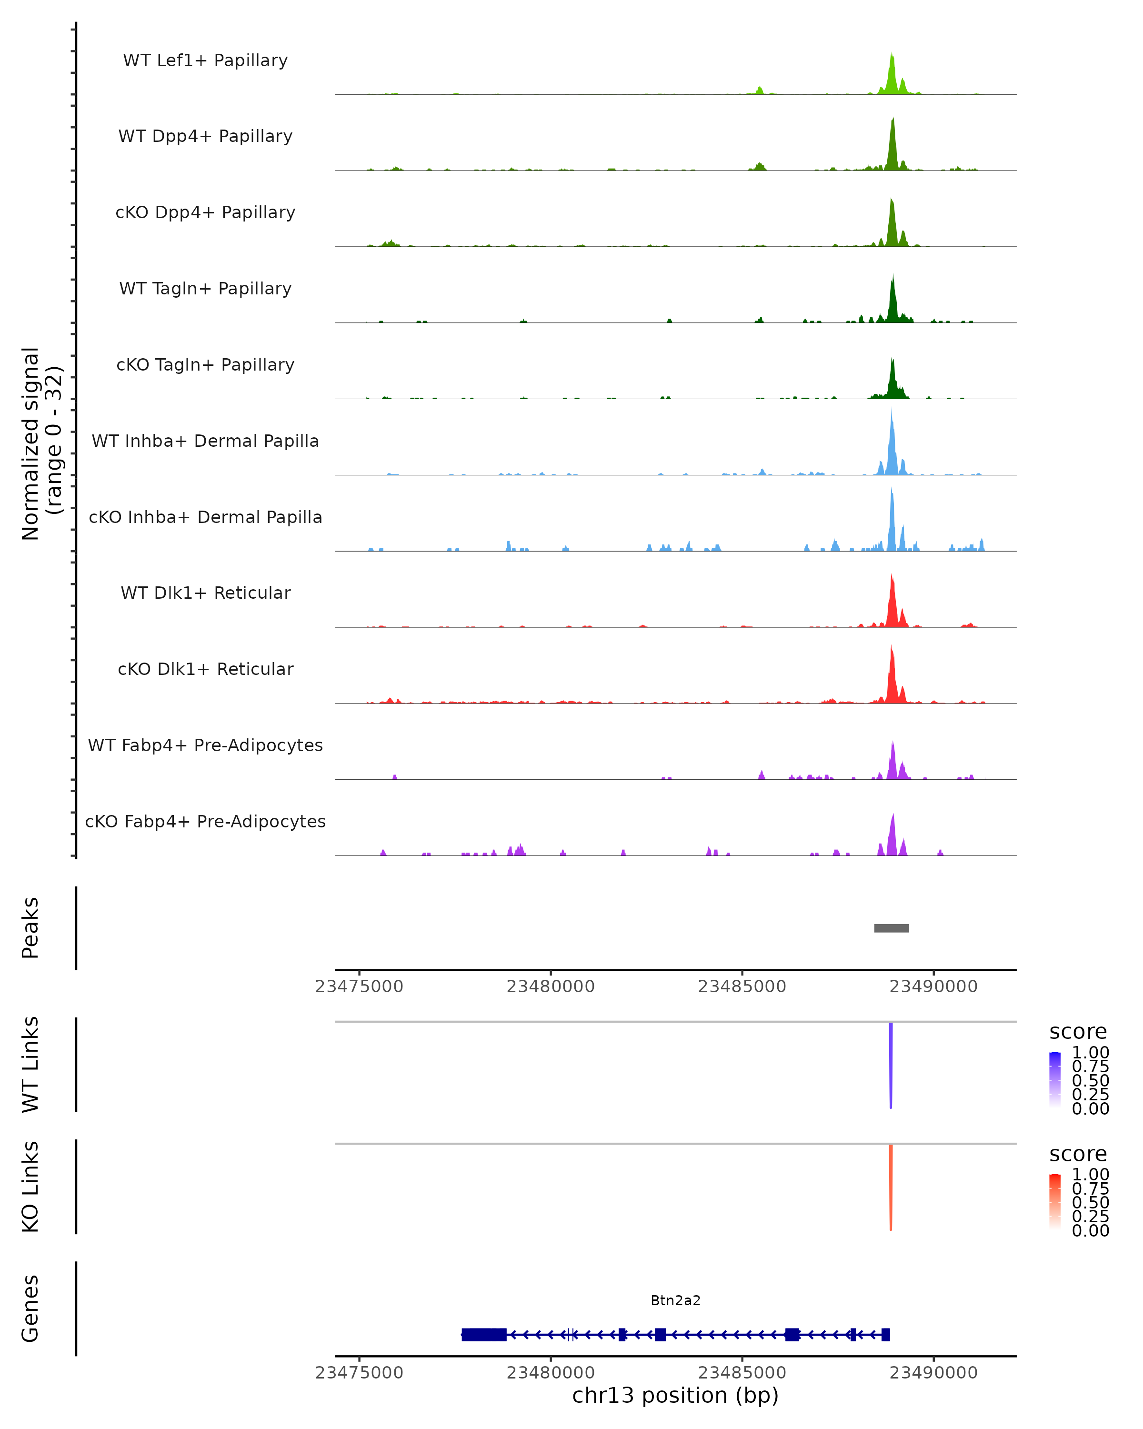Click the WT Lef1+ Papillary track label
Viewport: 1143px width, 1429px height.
(x=205, y=60)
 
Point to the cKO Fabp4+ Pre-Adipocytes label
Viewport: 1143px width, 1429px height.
(x=205, y=821)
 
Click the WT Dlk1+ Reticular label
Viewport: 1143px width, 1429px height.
(x=205, y=593)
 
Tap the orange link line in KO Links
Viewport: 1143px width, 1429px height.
(x=891, y=1187)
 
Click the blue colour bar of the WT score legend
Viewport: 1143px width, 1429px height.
(x=1055, y=1080)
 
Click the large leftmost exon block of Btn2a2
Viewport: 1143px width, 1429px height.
(x=484, y=1334)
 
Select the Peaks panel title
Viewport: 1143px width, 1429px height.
(x=30, y=928)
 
